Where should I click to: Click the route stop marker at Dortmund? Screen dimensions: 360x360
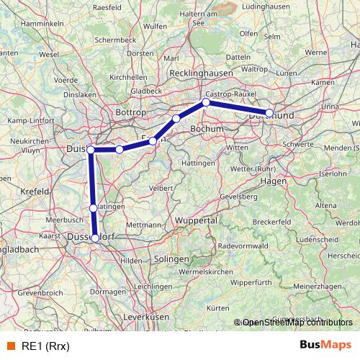(x=269, y=113)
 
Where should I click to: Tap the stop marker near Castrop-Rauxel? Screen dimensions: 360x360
(x=206, y=102)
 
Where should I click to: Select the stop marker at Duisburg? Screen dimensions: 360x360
(x=91, y=149)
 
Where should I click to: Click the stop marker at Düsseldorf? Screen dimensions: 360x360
(x=95, y=237)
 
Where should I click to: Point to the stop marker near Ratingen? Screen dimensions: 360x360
(x=93, y=208)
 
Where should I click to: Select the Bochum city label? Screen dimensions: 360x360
(x=208, y=128)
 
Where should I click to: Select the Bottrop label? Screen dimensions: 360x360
(x=132, y=113)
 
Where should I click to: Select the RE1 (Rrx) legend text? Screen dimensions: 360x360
(x=45, y=346)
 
